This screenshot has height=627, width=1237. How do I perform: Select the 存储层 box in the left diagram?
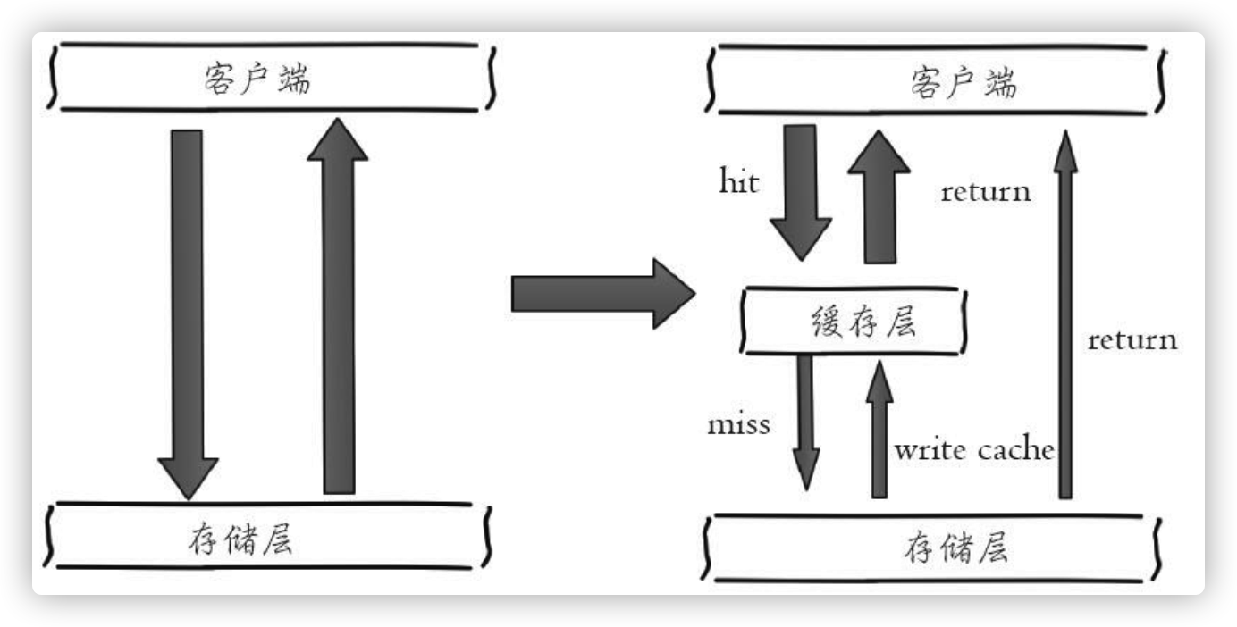268,539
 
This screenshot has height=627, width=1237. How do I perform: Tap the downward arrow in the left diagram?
187,313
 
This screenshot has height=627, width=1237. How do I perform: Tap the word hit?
739,182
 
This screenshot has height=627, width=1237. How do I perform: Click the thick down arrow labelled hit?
801,192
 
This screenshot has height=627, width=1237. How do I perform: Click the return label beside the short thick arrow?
986,191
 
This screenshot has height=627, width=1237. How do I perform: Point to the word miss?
738,424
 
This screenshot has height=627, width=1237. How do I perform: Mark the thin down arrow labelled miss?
806,420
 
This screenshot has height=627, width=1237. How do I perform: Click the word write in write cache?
930,449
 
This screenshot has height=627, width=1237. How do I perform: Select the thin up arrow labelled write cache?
879,429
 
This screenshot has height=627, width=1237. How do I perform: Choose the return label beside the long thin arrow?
1132,340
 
